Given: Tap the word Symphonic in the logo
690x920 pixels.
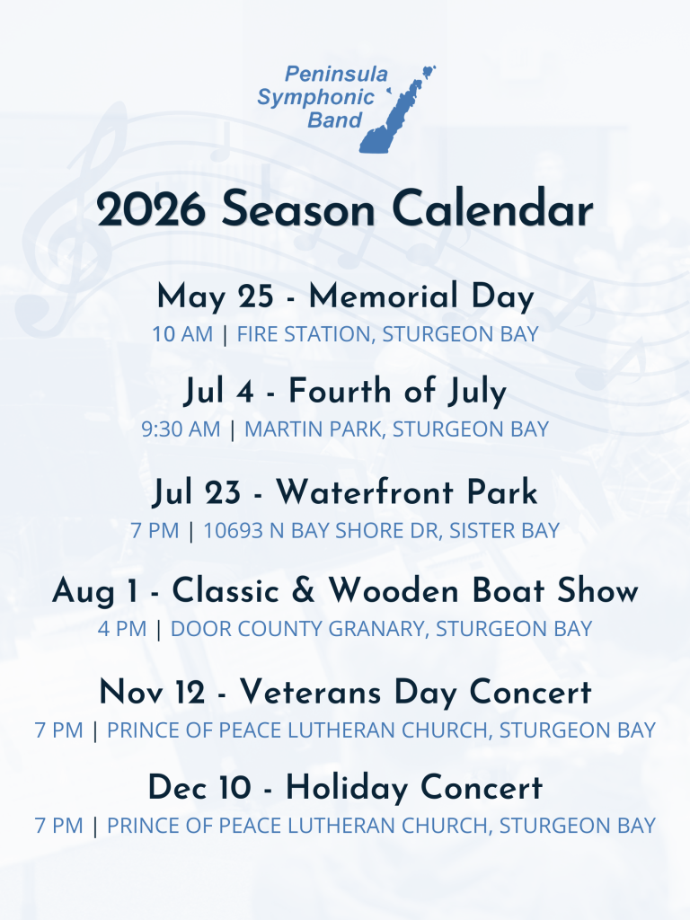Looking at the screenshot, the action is click(315, 97).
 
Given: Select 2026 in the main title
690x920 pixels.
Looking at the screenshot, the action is click(151, 209).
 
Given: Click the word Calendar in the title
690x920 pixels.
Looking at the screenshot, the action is click(492, 208).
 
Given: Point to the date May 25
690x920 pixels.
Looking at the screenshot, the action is click(216, 296).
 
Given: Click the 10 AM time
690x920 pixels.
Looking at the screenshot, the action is click(182, 334).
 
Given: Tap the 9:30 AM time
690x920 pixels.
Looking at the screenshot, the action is click(181, 429).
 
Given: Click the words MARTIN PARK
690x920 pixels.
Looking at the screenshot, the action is click(314, 429).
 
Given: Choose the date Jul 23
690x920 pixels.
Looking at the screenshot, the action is click(197, 492).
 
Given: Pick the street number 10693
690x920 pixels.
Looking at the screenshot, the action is click(233, 530).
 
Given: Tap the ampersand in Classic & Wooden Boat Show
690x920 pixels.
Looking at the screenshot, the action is click(303, 590).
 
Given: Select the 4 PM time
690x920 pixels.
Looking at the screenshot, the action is click(122, 629).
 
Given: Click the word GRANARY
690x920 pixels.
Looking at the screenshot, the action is click(376, 629).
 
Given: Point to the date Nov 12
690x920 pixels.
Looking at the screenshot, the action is click(152, 692).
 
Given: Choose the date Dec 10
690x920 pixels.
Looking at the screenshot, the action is click(199, 787).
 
